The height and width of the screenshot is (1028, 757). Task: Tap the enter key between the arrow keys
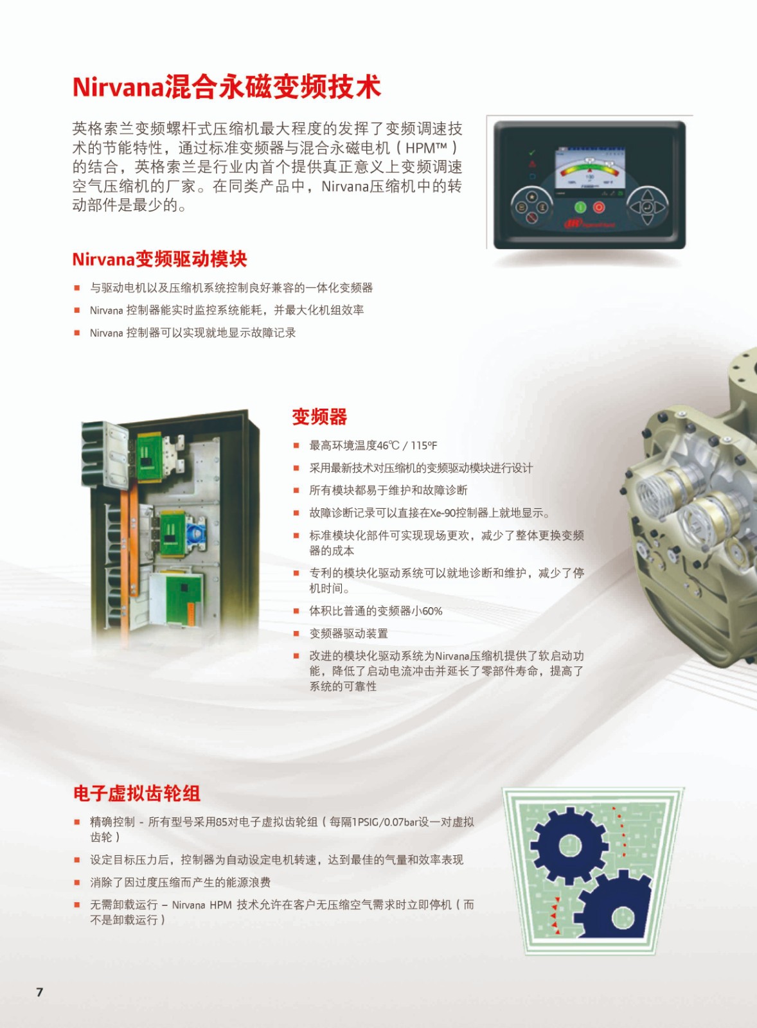coord(647,207)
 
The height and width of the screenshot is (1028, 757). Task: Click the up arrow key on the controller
coord(647,194)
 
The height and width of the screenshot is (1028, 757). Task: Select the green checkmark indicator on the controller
coord(532,153)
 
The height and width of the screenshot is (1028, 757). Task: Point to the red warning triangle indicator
coord(532,164)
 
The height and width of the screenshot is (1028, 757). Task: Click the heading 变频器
coord(319,417)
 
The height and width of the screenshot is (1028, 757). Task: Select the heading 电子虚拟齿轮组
coord(137,793)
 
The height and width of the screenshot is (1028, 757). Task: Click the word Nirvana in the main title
coord(118,87)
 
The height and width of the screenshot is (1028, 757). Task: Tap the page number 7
coord(40,992)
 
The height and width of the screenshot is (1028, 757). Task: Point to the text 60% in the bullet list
coord(432,611)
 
